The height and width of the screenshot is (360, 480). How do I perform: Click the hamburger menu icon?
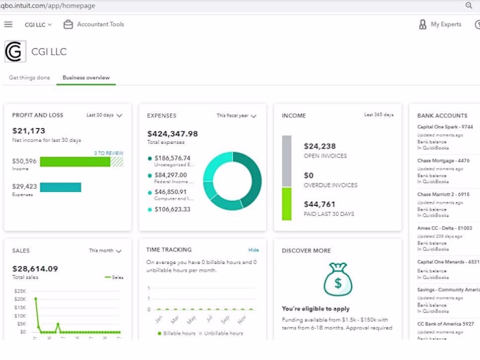pos(8,25)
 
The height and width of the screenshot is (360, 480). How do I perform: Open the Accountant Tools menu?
pos(94,25)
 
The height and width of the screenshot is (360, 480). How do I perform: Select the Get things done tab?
pos(29,77)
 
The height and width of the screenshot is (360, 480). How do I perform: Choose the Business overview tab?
pos(86,77)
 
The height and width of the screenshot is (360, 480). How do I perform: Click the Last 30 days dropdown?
pos(104,115)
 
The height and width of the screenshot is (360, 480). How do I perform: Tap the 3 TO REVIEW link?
pos(108,153)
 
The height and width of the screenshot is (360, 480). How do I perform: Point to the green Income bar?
pos(75,162)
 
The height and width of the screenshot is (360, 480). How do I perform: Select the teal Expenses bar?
pos(60,187)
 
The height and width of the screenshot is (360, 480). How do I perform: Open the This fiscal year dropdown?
pos(237,116)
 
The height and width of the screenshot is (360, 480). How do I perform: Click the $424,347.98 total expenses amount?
pos(173,134)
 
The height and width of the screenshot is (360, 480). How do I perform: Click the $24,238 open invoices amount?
pos(320,146)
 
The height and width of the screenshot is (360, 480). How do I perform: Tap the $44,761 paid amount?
pos(320,204)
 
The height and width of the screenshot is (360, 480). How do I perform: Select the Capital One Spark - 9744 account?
pos(445,127)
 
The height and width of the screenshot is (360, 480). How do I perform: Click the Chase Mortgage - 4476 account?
pos(444,160)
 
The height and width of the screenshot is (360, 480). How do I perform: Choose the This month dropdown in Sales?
pos(105,251)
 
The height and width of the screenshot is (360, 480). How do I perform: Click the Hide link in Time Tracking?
pos(254,250)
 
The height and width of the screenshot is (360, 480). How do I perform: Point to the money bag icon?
pos(337,279)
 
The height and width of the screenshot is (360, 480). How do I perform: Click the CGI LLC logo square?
pos(15,51)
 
